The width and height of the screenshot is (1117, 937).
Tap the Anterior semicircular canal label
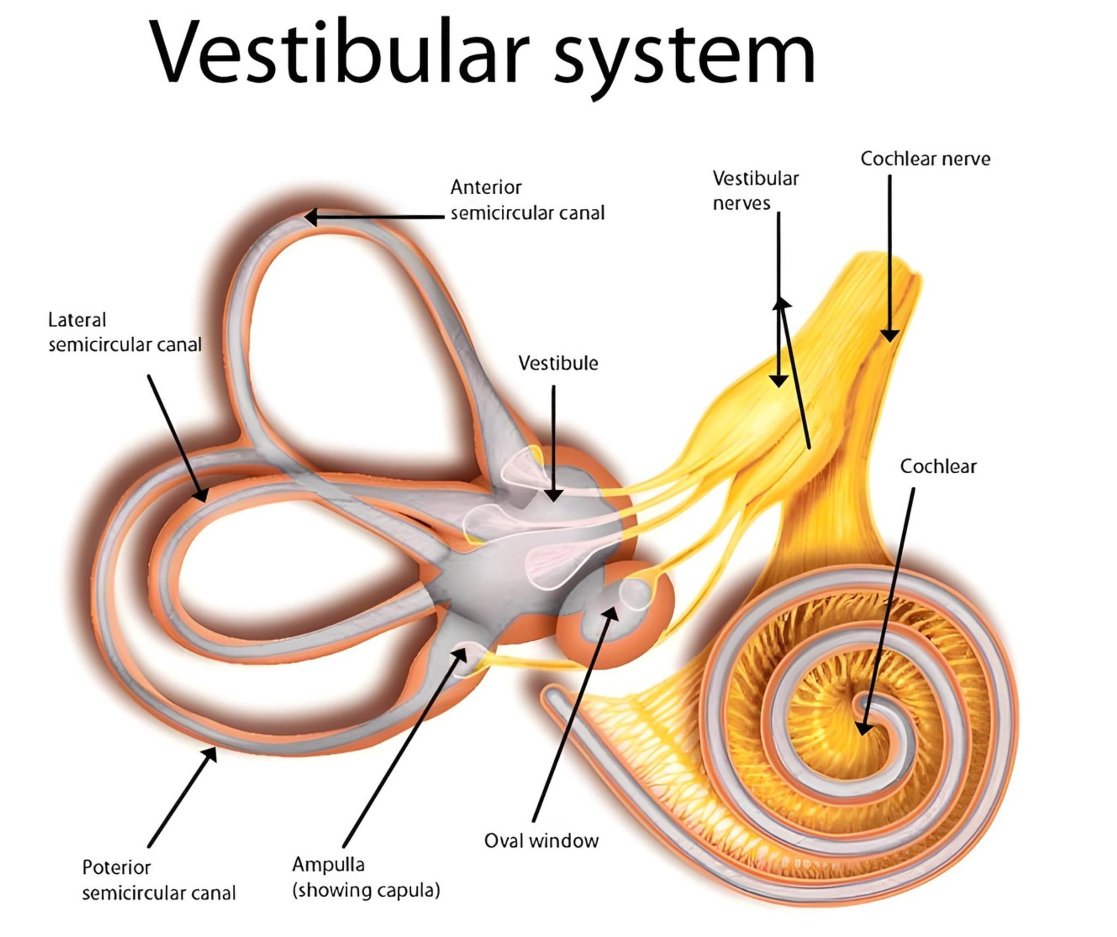(527, 200)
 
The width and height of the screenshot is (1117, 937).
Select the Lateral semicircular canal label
(125, 332)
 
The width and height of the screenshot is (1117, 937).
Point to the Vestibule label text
(558, 363)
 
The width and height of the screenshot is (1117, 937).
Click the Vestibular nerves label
(755, 190)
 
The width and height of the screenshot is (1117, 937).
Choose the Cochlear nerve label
(925, 159)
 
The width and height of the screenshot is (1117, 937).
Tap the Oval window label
(541, 840)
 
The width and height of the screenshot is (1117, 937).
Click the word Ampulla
(328, 864)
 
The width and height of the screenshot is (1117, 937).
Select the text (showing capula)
(366, 890)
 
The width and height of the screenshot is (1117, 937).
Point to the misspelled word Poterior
(116, 867)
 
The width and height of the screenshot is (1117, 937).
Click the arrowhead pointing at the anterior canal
(311, 217)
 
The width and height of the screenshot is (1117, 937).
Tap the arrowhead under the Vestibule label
(554, 494)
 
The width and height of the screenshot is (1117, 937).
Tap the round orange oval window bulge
(615, 614)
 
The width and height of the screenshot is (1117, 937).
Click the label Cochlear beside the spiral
(938, 466)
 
